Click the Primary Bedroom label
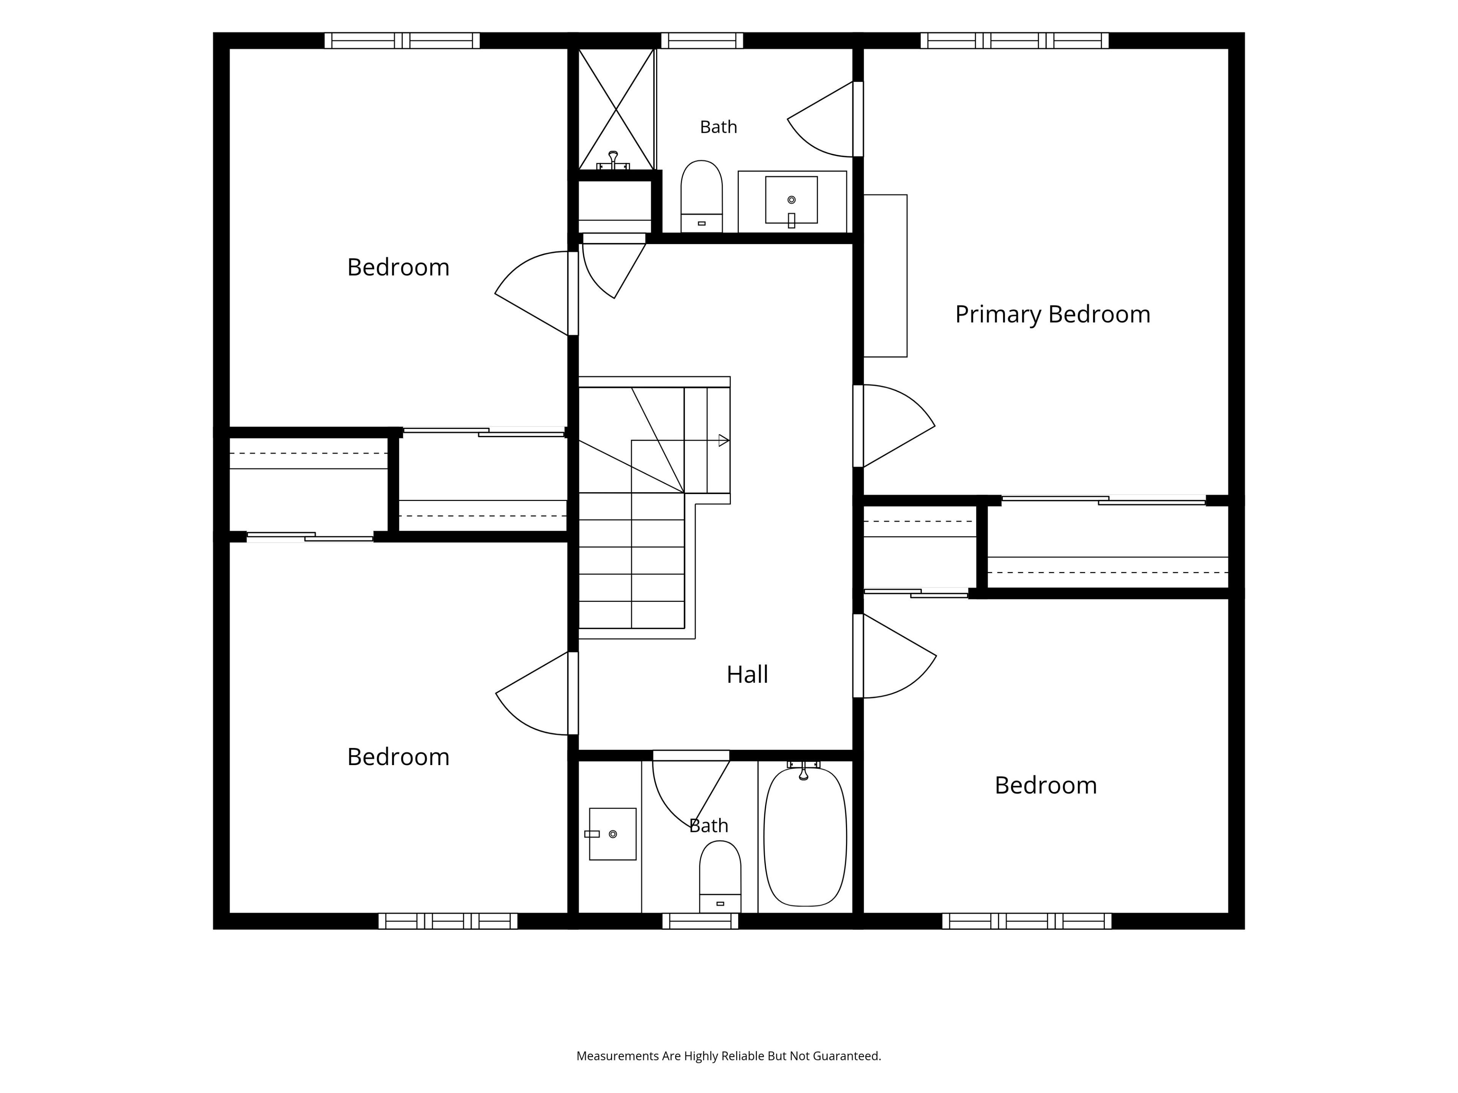(x=1052, y=314)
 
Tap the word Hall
(x=748, y=674)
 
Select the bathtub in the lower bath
(x=805, y=837)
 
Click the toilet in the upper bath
(x=701, y=196)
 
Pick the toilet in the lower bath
(x=720, y=876)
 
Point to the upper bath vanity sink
(x=792, y=200)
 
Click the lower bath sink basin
(x=612, y=834)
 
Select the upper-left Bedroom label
(x=398, y=267)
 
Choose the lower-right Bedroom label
(x=1045, y=785)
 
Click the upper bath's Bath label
(x=718, y=126)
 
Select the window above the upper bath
(x=702, y=40)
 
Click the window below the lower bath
(x=700, y=921)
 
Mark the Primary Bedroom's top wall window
(x=1015, y=40)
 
